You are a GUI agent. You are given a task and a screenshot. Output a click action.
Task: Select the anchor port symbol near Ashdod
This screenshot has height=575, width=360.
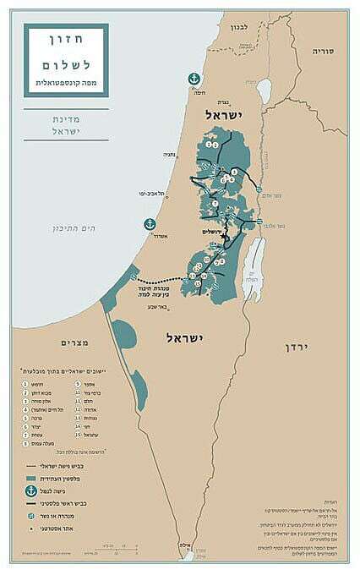tap(150, 224)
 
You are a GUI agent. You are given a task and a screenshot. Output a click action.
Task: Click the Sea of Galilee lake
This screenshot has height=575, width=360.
tap(263, 89)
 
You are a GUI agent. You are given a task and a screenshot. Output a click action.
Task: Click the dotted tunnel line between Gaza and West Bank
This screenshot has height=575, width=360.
tap(161, 280)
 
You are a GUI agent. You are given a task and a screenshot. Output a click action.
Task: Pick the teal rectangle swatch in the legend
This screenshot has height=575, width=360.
tap(31, 478)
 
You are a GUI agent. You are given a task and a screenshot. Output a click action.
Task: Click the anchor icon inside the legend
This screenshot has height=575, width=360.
tap(31, 490)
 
